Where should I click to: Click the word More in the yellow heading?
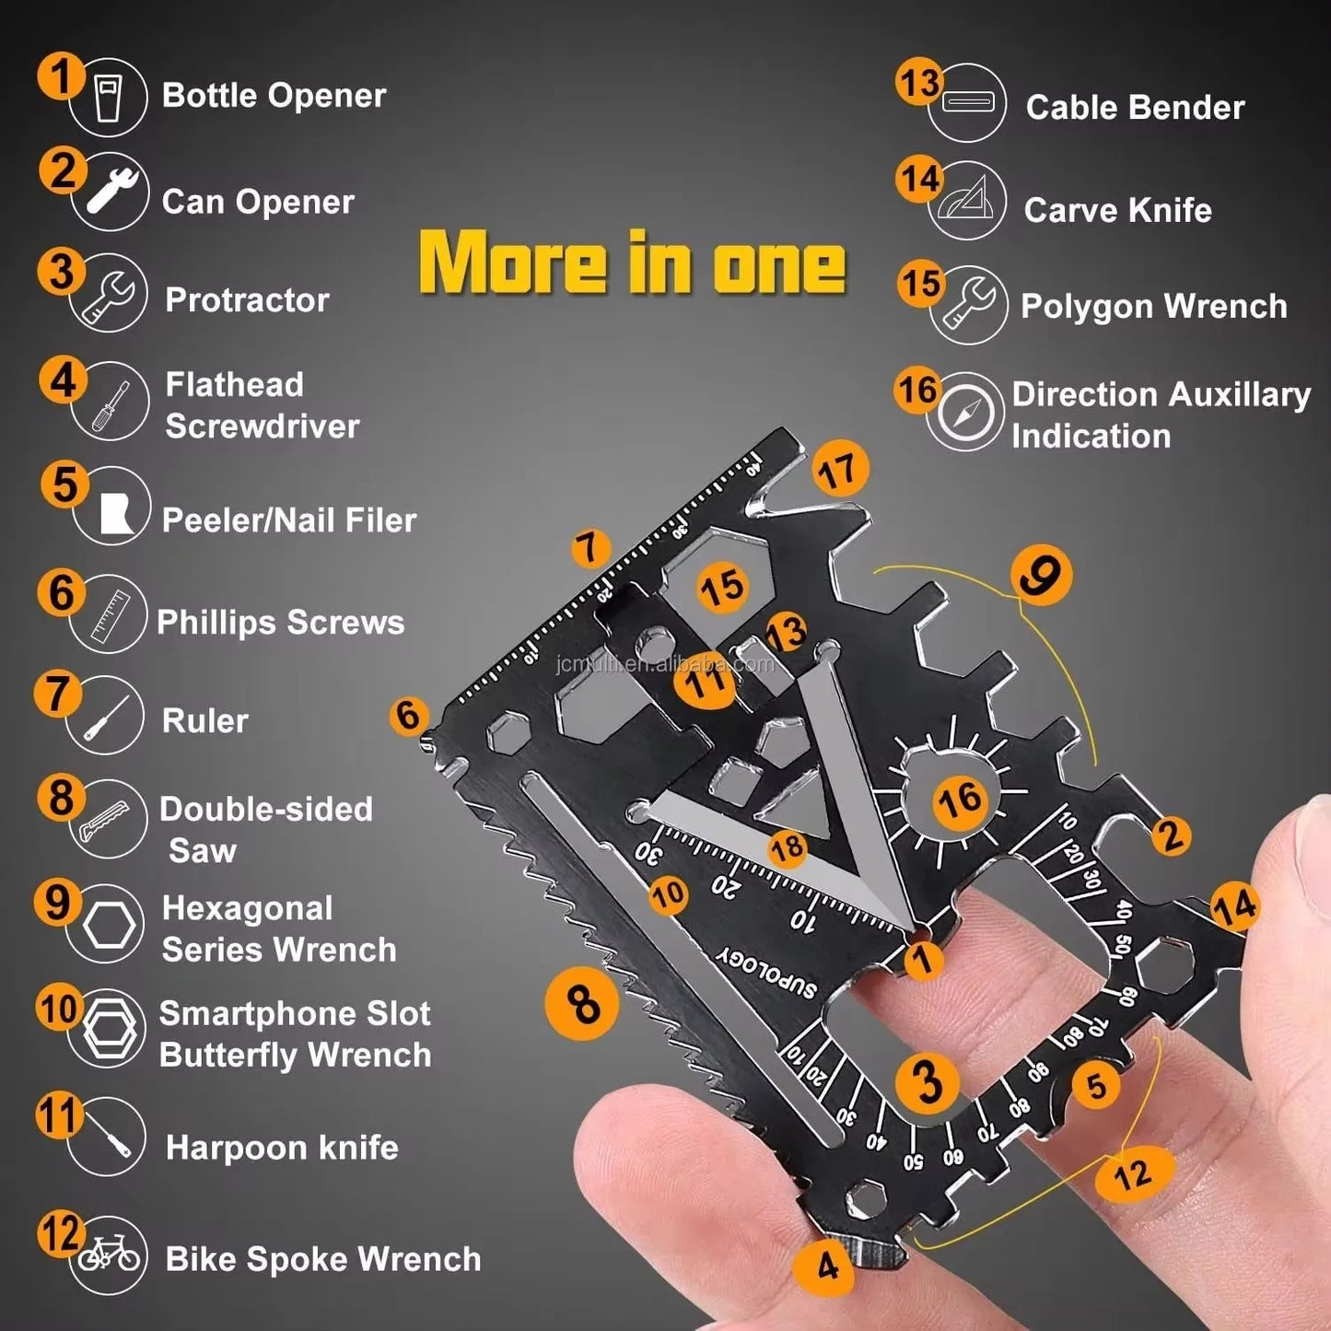click(512, 263)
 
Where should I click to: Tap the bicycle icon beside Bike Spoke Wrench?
click(109, 1255)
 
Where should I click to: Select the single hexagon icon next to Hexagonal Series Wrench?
click(109, 925)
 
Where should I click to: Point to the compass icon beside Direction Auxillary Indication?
click(965, 412)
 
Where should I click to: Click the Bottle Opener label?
click(274, 96)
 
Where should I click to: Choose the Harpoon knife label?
click(282, 1148)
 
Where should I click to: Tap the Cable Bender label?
click(1135, 108)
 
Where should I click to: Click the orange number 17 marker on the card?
click(839, 471)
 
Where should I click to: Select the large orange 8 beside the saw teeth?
click(582, 1004)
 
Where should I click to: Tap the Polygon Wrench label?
click(1153, 307)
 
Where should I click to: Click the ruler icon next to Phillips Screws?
click(109, 614)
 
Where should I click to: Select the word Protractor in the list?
click(247, 300)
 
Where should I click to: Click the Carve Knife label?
click(1117, 211)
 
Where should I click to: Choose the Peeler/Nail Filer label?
click(289, 520)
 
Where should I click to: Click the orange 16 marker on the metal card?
click(959, 800)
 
